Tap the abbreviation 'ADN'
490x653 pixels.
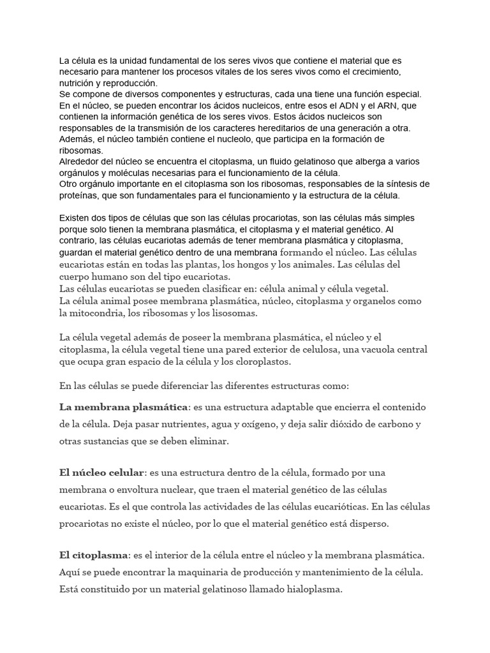point(338,105)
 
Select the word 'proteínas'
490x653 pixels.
point(80,195)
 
